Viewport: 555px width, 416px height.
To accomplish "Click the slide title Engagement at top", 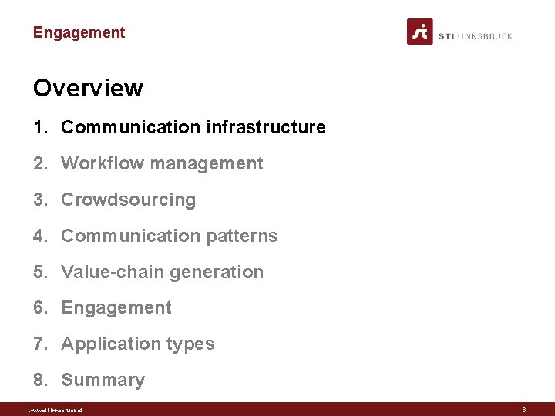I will point(79,32).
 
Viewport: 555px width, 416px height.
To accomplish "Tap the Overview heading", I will point(88,88).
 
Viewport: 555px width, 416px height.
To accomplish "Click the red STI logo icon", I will point(420,32).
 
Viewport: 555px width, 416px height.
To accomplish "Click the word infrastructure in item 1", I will point(266,127).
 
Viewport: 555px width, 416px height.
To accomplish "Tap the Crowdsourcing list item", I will point(128,200).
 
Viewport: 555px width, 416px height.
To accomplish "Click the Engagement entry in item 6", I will point(116,307).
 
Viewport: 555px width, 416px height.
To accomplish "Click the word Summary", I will point(103,380).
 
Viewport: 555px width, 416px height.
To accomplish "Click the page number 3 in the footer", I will point(523,410).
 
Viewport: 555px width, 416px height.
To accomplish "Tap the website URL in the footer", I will point(55,410).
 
